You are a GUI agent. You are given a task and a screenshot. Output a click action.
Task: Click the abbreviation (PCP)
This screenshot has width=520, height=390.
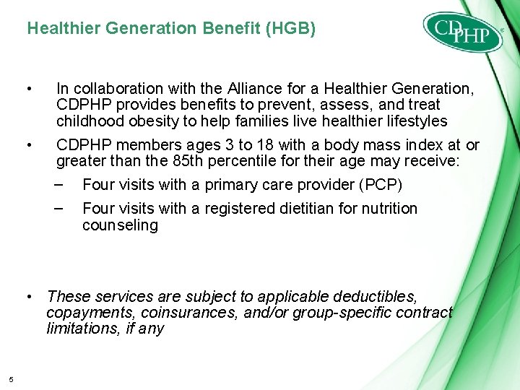[x=380, y=184]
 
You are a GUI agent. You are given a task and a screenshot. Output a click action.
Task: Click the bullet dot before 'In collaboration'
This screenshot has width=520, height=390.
[x=27, y=89]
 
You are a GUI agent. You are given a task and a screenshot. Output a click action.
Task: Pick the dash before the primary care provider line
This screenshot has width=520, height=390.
[x=61, y=184]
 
